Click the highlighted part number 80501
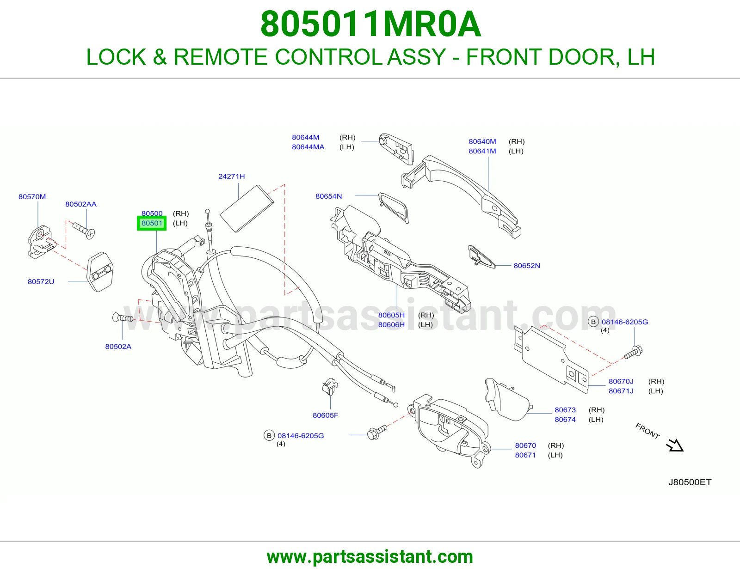[x=152, y=223]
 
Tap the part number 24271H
[x=232, y=176]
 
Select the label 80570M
[x=32, y=197]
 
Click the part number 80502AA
[x=81, y=204]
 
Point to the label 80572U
[x=41, y=281]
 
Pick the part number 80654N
[x=329, y=196]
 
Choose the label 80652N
[x=527, y=265]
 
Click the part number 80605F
[x=325, y=415]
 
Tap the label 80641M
[x=482, y=151]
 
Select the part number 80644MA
[x=308, y=147]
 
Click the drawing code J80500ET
[x=690, y=482]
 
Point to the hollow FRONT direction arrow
[x=675, y=445]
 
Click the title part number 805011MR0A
[x=370, y=24]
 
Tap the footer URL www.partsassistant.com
[x=370, y=557]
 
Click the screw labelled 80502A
[x=123, y=318]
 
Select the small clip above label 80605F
[x=330, y=386]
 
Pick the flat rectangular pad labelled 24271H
[x=247, y=208]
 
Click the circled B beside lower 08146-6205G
[x=269, y=436]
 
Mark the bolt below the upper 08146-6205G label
[x=634, y=353]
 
